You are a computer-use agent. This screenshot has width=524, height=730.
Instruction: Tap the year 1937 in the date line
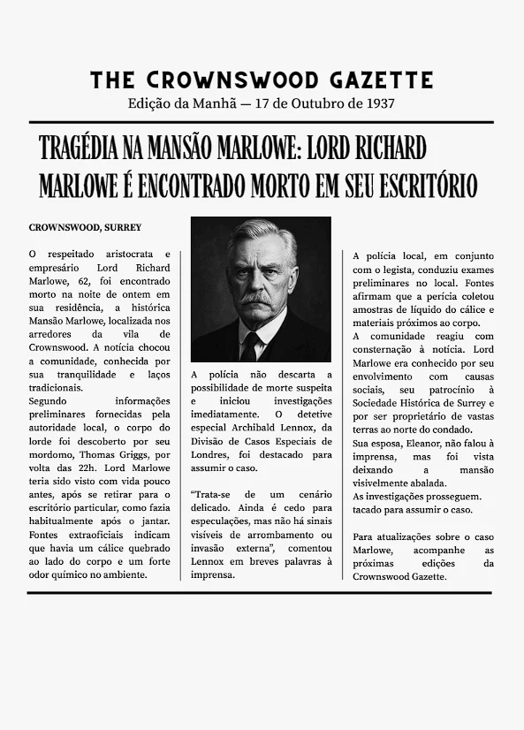point(378,103)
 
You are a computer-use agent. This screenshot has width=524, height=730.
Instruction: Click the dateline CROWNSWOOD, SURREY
point(85,228)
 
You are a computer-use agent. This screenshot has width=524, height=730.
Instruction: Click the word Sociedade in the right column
point(378,402)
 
